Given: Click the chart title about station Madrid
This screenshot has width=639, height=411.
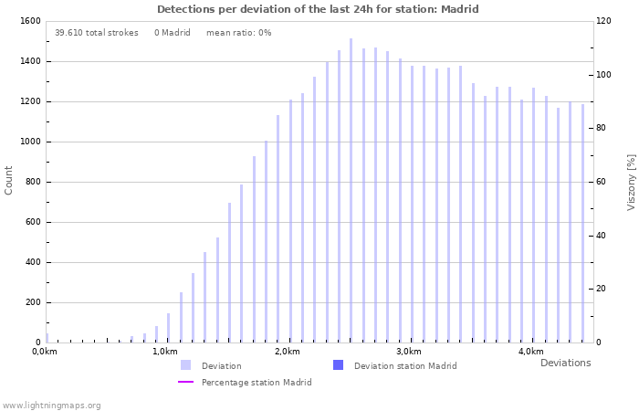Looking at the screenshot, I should [x=318, y=9].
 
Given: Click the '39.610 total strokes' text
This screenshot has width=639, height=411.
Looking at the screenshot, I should [x=97, y=33].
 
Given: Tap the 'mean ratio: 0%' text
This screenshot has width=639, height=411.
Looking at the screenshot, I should [x=238, y=33].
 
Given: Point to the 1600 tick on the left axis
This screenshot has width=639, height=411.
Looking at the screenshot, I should [x=29, y=21].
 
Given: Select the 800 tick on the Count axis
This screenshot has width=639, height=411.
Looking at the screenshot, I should [x=33, y=182].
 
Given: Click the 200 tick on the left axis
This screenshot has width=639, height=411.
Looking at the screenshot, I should [x=33, y=302].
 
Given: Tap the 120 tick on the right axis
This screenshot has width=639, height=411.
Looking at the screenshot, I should [x=603, y=21].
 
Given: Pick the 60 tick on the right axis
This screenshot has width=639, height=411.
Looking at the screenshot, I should [x=601, y=182].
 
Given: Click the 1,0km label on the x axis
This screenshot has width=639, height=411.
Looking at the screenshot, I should [x=165, y=352].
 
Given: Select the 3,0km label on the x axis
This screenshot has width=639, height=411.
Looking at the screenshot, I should [x=409, y=352].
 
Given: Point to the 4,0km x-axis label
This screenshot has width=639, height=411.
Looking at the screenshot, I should [x=530, y=352].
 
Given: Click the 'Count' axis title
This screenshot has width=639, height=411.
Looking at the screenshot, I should [x=9, y=180].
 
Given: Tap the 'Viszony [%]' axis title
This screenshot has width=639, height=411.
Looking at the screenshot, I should [x=631, y=182].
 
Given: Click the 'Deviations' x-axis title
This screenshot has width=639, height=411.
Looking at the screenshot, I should [x=565, y=363].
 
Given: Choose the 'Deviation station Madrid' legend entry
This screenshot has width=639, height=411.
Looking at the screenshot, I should [x=405, y=366].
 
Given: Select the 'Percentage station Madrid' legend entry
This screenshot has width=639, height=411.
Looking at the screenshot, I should [x=257, y=383].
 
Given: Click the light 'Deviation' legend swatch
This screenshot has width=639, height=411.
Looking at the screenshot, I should [x=185, y=365].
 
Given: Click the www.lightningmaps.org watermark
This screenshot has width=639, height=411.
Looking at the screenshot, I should [x=51, y=406].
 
